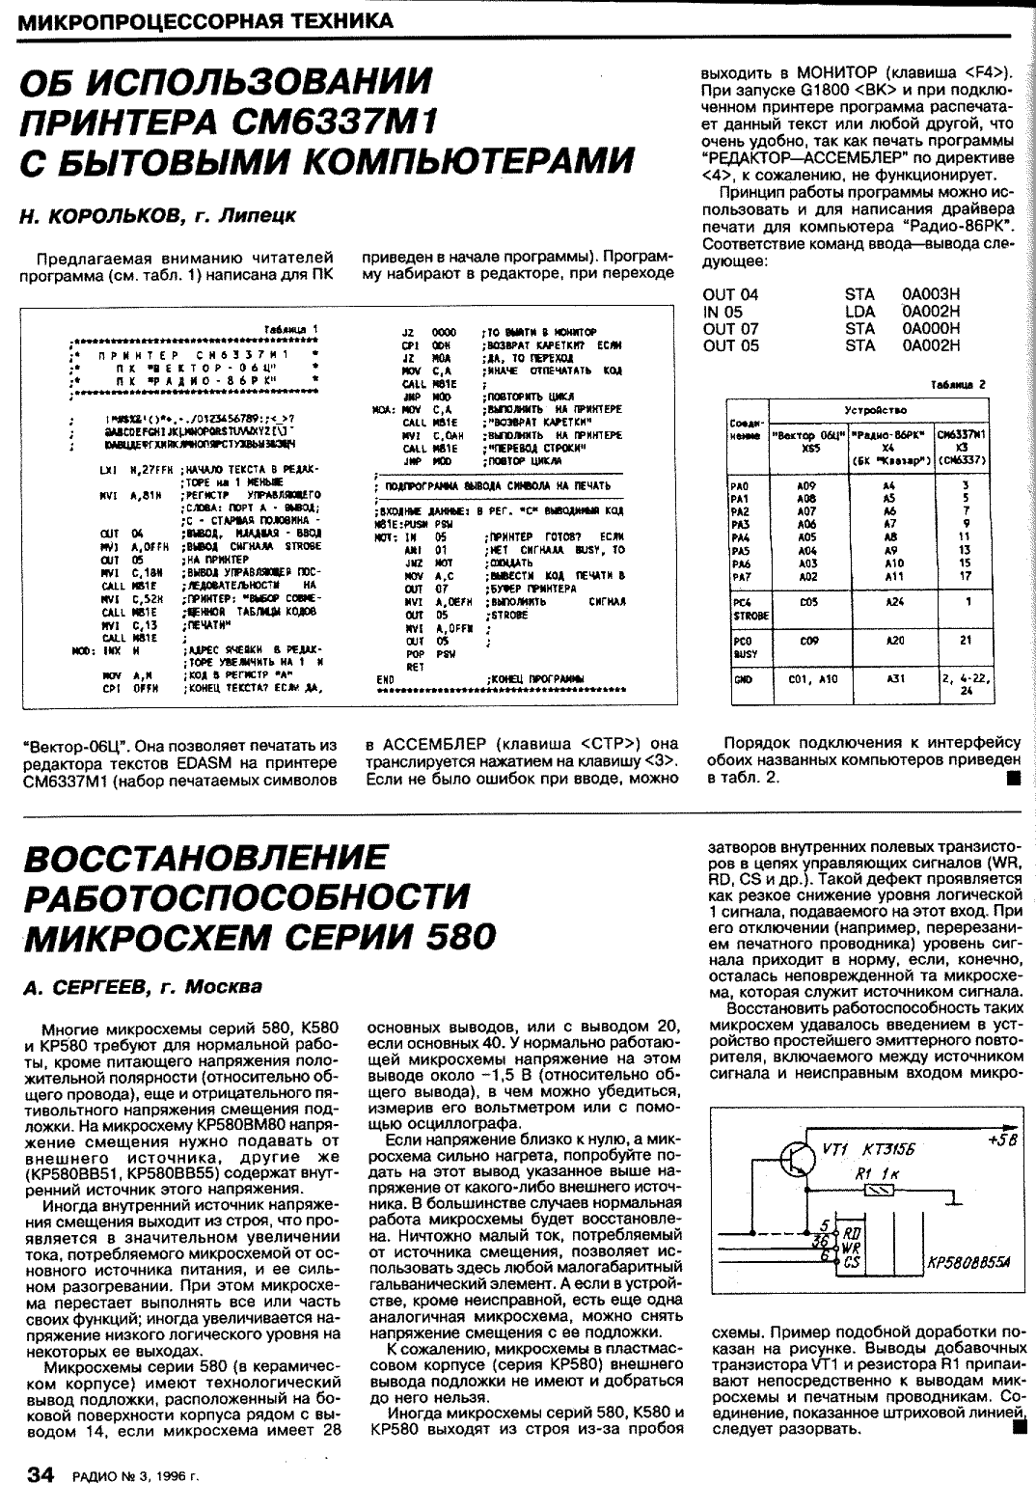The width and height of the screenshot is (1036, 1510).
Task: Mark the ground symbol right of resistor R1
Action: coord(954,1195)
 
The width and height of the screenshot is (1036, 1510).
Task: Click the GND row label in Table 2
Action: coord(741,679)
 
